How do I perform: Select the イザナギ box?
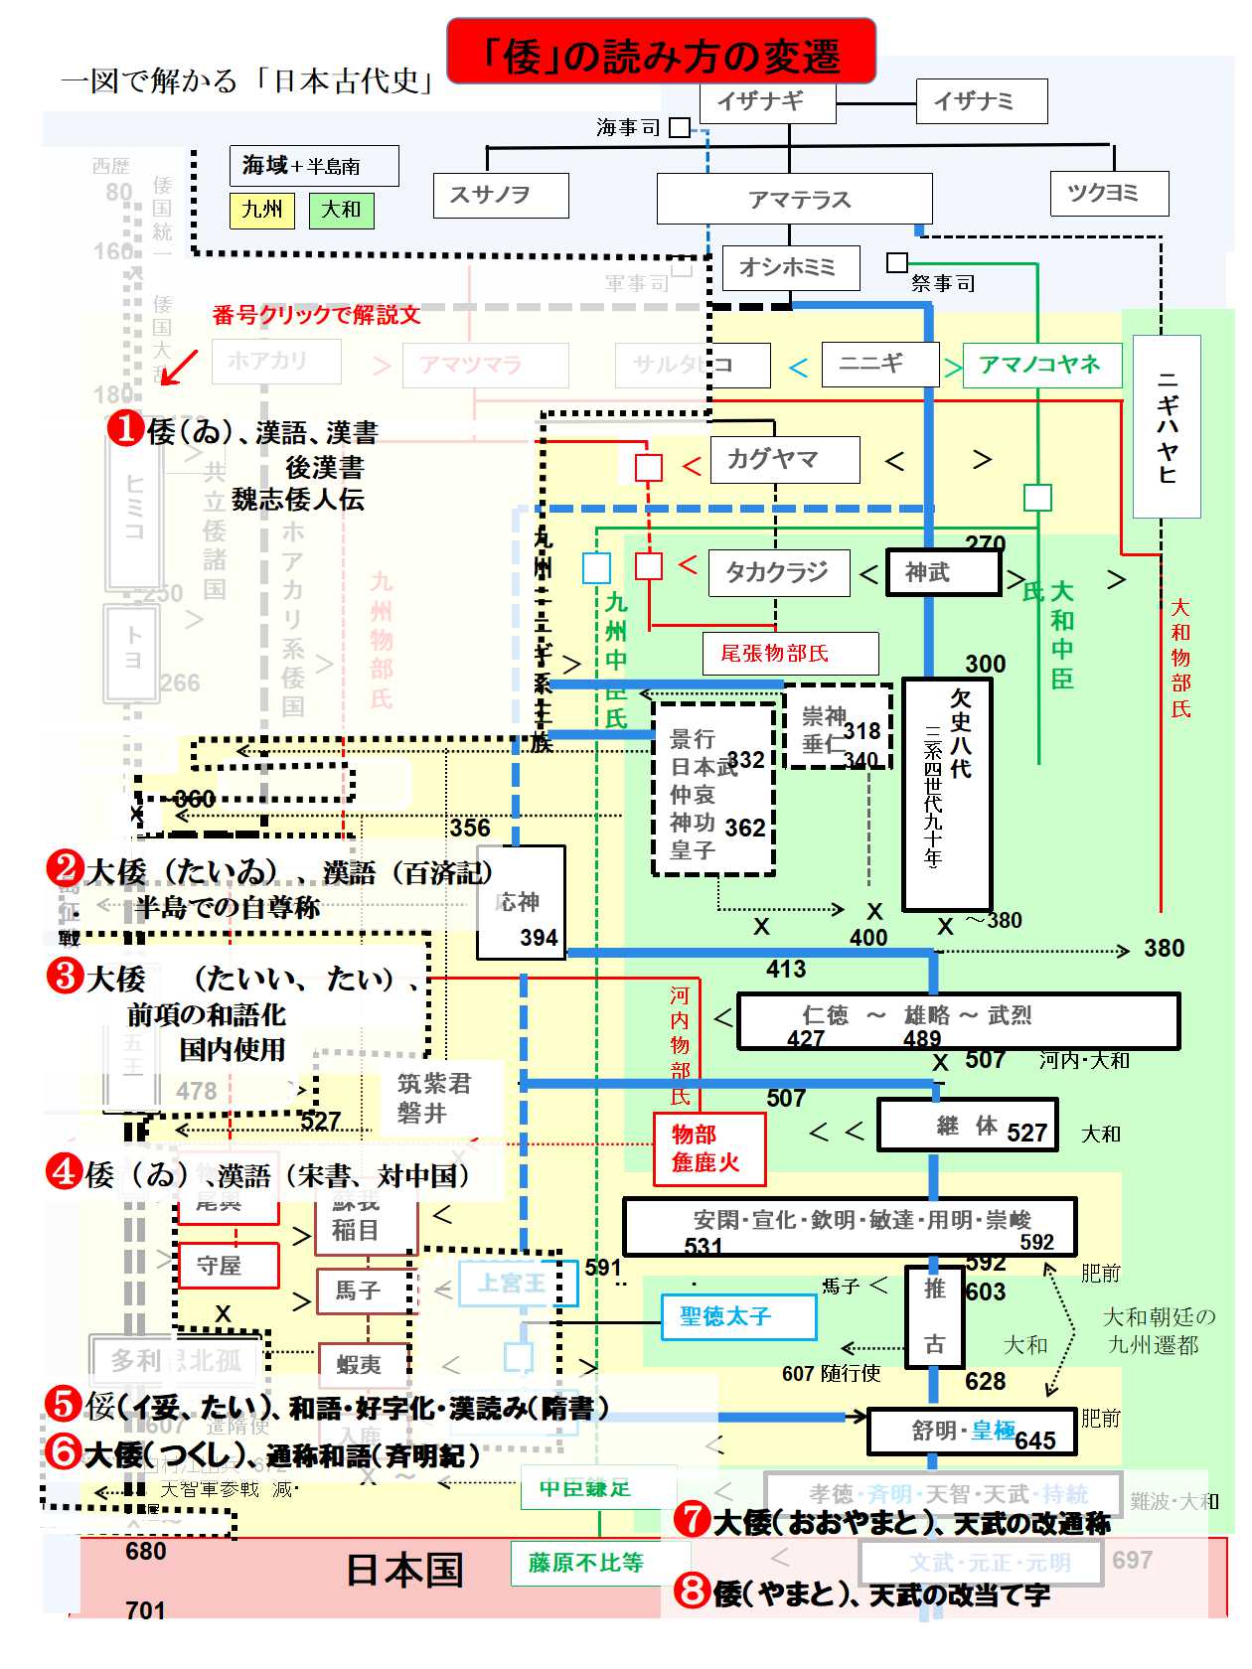pyautogui.click(x=768, y=101)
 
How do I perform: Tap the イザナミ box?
pyautogui.click(x=981, y=101)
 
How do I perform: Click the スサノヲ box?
pyautogui.click(x=501, y=195)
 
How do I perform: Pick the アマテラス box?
pyautogui.click(x=794, y=199)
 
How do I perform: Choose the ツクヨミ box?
pyautogui.click(x=1109, y=193)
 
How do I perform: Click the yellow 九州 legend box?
pyautogui.click(x=262, y=210)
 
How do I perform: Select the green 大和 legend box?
pyautogui.click(x=341, y=210)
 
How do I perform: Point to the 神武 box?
pyautogui.click(x=942, y=572)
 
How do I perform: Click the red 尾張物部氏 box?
pyautogui.click(x=790, y=653)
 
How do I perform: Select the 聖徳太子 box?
pyautogui.click(x=738, y=1316)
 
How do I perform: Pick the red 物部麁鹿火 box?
pyautogui.click(x=708, y=1148)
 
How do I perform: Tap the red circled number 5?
pyautogui.click(x=63, y=1404)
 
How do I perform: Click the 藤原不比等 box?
pyautogui.click(x=585, y=1563)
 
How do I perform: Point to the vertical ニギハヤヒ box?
pyautogui.click(x=1167, y=426)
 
